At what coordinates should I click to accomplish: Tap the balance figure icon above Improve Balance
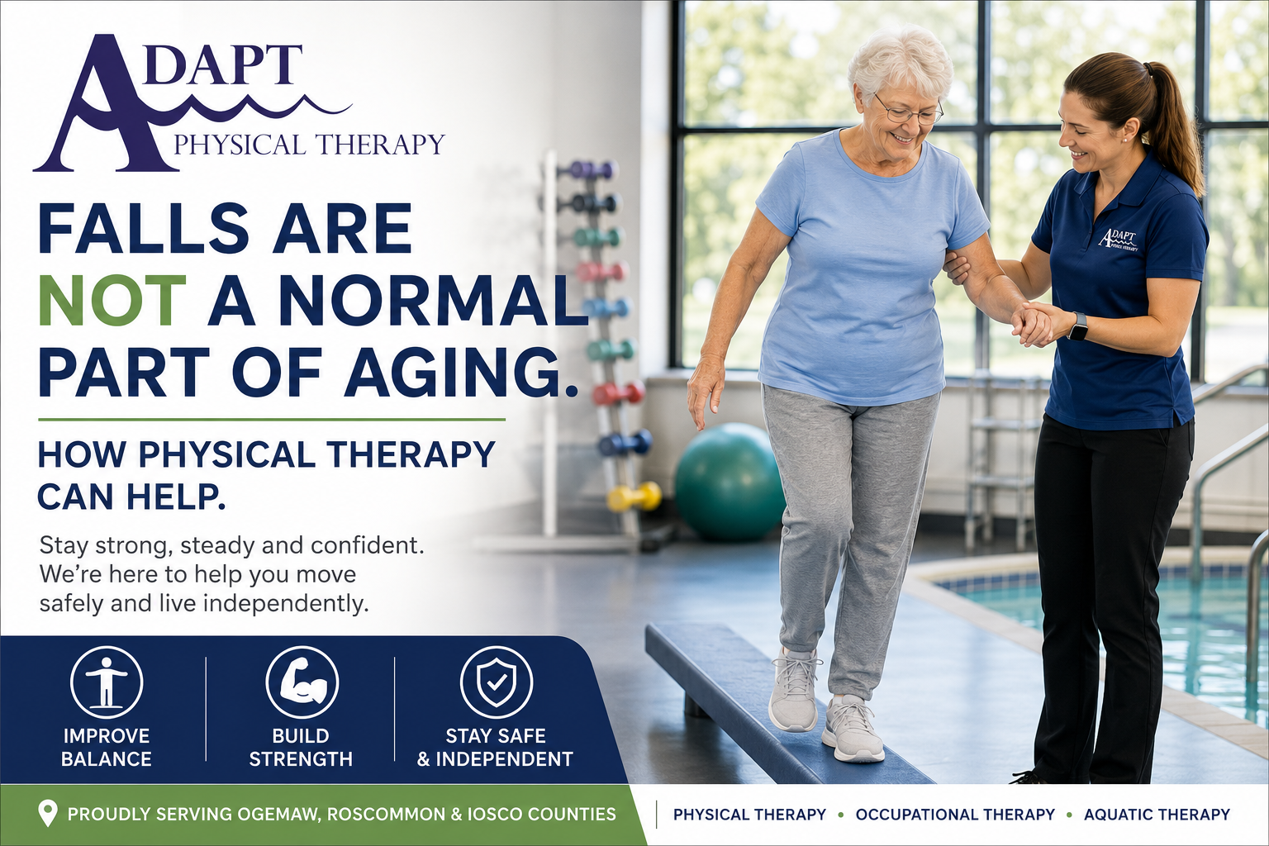pos(107,682)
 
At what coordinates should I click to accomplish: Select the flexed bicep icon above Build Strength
pos(302,682)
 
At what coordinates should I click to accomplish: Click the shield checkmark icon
pos(497,682)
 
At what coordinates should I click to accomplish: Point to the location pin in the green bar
pos(48,813)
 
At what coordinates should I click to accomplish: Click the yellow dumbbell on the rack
pos(634,497)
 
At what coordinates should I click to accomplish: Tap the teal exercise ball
pos(730,481)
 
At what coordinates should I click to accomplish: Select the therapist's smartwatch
pos(1078,326)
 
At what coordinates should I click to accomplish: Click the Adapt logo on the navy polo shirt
pos(1118,240)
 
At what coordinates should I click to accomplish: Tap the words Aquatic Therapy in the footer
pos(1157,815)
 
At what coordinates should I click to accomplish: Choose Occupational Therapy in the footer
pos(955,815)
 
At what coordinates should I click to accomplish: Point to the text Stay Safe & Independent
pos(495,748)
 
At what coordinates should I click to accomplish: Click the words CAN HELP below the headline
pos(131,497)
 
